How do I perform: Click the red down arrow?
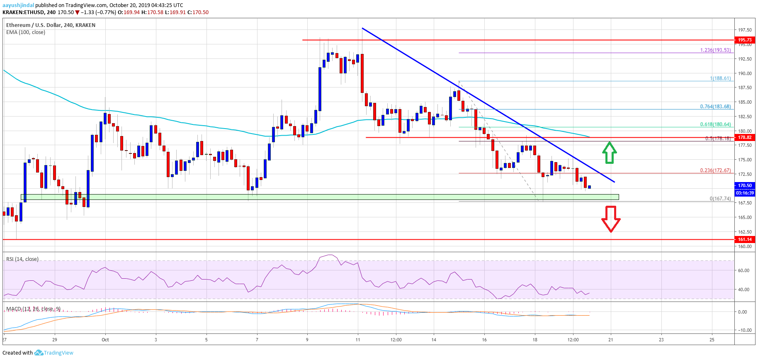611,219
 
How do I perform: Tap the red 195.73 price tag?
744,40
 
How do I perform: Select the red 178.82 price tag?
744,137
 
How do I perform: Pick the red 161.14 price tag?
744,239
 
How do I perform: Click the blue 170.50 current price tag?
744,185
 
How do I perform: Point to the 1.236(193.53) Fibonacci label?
715,50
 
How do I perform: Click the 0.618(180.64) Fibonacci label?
715,124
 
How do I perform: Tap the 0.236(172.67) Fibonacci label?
715,170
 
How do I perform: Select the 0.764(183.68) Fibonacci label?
715,107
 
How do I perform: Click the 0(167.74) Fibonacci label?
720,199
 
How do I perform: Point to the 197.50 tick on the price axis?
744,30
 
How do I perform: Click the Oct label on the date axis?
105,340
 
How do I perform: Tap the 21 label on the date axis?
611,340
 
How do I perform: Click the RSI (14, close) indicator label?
22,259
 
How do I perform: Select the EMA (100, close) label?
26,32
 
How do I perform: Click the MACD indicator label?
33,309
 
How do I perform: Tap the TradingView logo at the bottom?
54,353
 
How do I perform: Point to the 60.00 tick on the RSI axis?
743,270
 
